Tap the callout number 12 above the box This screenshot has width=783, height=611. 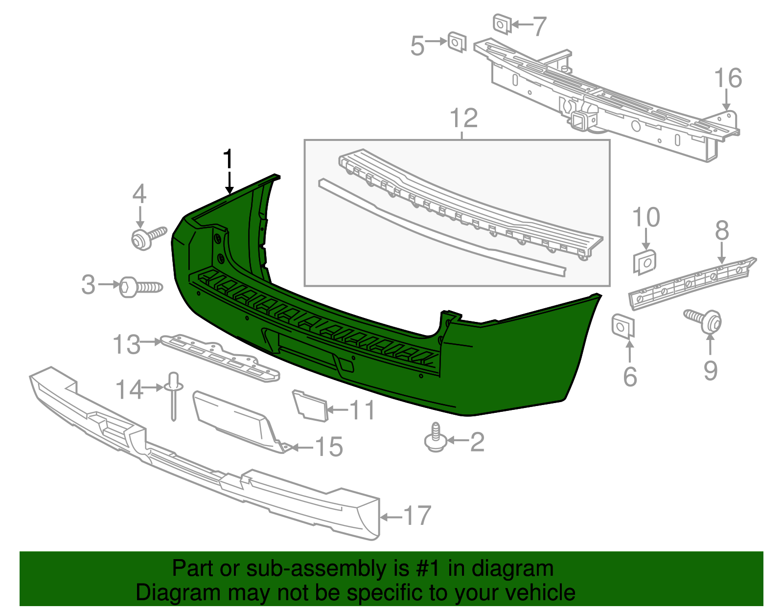point(463,118)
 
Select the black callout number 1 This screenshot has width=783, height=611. point(228,160)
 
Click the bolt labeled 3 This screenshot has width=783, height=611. point(140,287)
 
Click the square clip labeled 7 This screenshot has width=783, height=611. point(502,23)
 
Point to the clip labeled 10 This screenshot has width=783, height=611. point(645,262)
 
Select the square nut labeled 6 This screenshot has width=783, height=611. point(622,326)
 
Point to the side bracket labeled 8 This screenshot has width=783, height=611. point(692,284)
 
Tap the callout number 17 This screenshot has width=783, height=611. point(416,516)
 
